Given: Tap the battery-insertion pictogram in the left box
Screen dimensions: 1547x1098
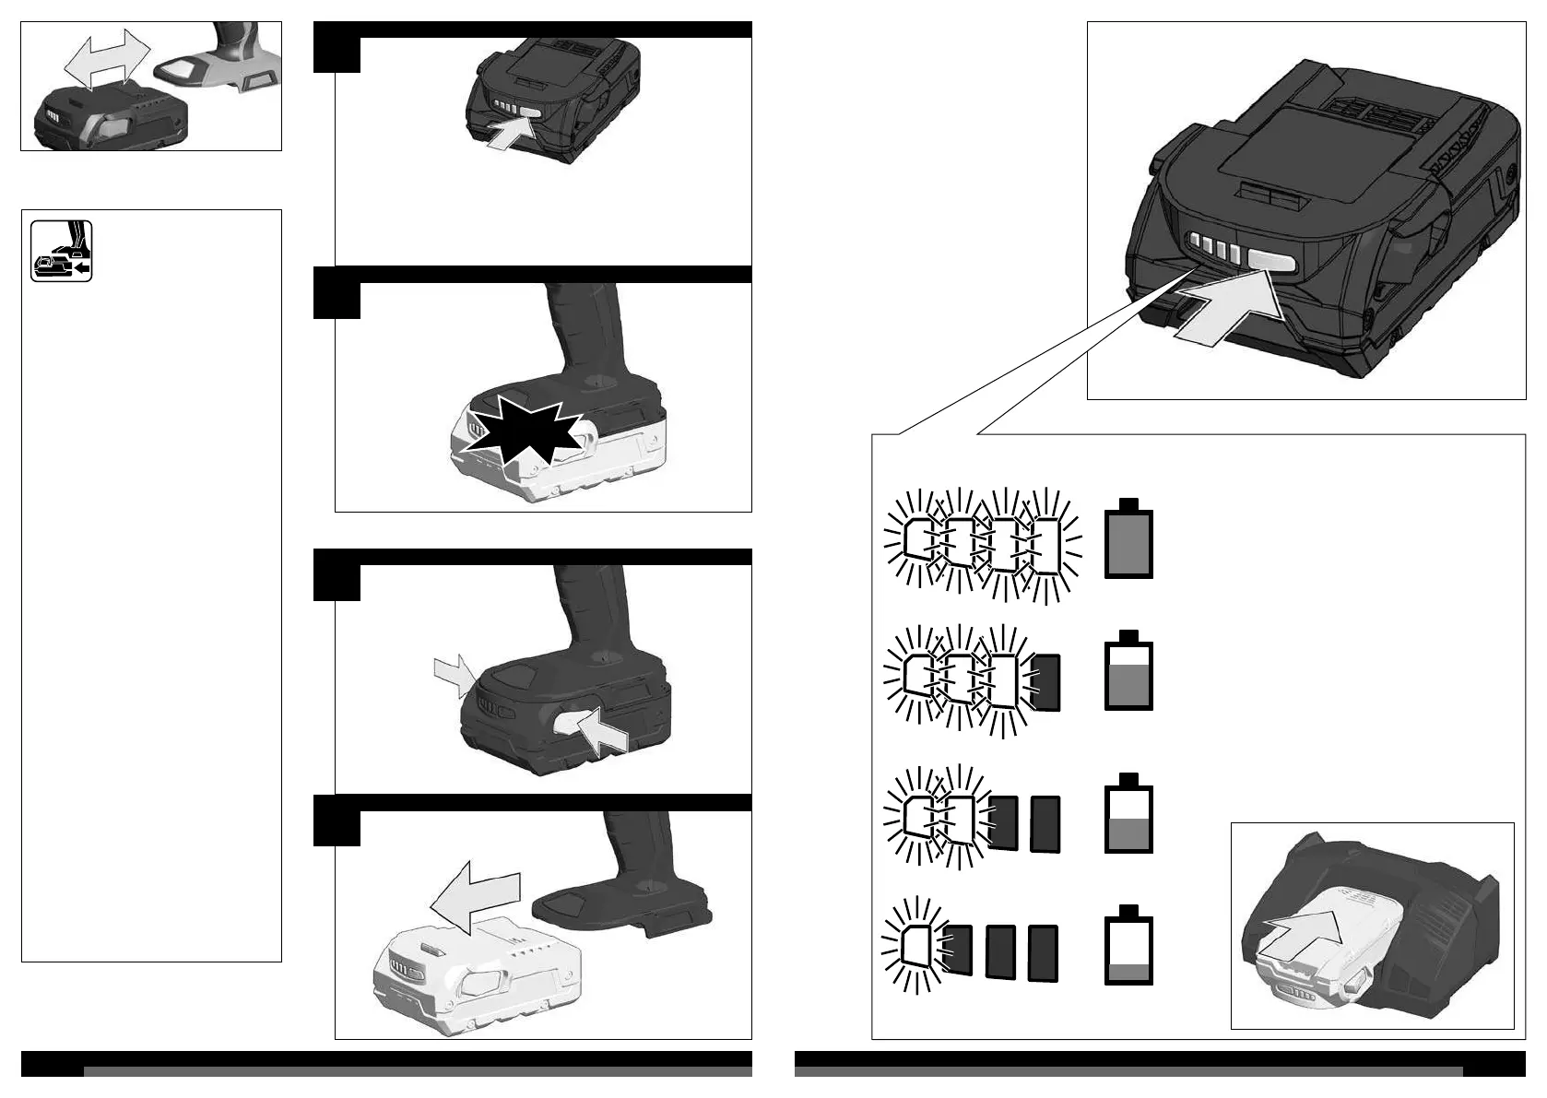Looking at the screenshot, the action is click(61, 251).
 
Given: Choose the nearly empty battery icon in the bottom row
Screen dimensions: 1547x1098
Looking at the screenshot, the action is click(1128, 945).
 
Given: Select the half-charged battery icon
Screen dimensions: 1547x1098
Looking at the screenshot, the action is click(1128, 816).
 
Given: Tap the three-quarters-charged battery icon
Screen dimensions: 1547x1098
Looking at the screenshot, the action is click(1128, 673).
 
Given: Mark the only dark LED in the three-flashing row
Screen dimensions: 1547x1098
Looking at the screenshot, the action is click(1046, 682).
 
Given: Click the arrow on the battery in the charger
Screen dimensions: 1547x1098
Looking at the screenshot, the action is click(1302, 936).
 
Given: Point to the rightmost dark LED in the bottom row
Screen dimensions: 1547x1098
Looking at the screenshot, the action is click(1043, 953).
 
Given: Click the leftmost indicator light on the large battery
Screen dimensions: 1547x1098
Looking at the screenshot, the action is click(1194, 243).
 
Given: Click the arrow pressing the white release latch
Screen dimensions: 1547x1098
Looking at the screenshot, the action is click(603, 729).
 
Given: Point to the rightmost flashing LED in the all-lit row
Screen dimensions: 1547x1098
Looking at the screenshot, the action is click(1046, 547).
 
